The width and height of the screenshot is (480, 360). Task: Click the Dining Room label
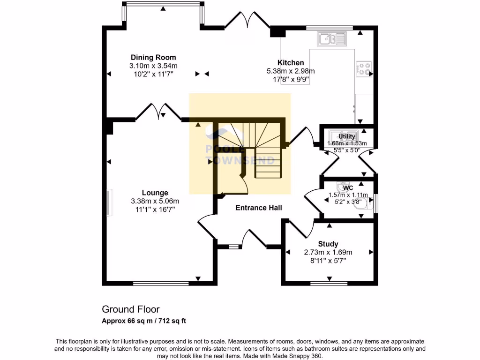pyautogui.click(x=153, y=58)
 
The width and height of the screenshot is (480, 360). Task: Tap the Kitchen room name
pyautogui.click(x=291, y=63)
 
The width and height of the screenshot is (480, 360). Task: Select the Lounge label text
pyautogui.click(x=155, y=193)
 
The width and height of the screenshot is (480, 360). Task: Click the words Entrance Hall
pyautogui.click(x=259, y=208)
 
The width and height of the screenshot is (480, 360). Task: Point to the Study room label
pyautogui.click(x=328, y=244)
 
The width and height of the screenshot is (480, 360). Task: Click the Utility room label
pyautogui.click(x=347, y=136)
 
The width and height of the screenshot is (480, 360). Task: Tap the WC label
pyautogui.click(x=348, y=188)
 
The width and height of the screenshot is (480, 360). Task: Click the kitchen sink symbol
pyautogui.click(x=331, y=38)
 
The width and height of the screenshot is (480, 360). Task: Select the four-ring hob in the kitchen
pyautogui.click(x=364, y=69)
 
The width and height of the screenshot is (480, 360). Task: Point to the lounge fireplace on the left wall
pyautogui.click(x=109, y=202)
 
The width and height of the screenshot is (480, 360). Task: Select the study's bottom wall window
pyautogui.click(x=329, y=283)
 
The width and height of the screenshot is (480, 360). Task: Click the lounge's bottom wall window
pyautogui.click(x=161, y=283)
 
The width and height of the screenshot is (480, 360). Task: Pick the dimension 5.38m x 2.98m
pyautogui.click(x=291, y=71)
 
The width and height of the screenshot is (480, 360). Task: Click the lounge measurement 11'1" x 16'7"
pyautogui.click(x=155, y=210)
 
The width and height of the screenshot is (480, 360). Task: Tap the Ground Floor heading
pyautogui.click(x=131, y=309)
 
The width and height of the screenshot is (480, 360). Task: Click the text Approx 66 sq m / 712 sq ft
pyautogui.click(x=144, y=321)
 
